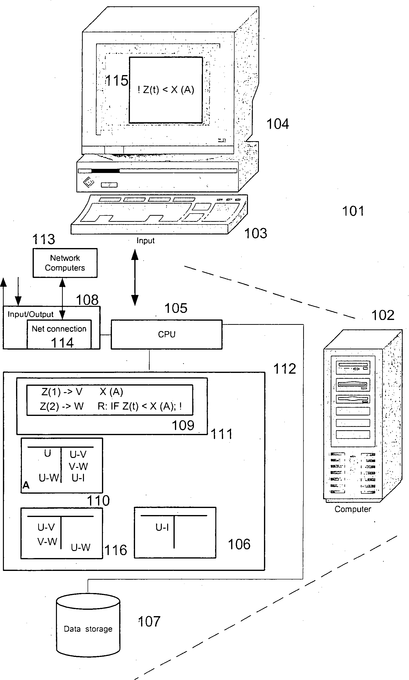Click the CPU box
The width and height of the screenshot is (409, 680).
[166, 334]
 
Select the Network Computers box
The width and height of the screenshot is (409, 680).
[65, 263]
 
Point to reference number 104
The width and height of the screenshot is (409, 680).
[278, 124]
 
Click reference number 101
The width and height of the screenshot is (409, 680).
[353, 211]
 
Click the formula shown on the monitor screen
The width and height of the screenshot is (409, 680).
[166, 90]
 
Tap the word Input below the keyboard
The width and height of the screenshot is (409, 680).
[145, 241]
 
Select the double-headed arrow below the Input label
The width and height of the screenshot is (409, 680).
[135, 277]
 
